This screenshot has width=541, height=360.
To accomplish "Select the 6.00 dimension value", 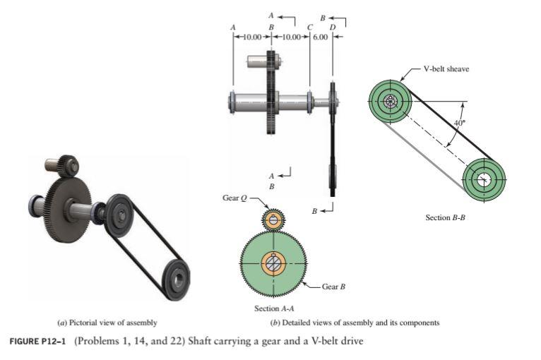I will point(321,36).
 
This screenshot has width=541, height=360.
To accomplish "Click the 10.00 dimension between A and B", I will point(252,36).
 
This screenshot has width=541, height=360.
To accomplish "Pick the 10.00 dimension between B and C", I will point(291,36).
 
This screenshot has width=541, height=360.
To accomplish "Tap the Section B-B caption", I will point(445,217).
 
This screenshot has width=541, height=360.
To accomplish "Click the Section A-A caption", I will point(273,308).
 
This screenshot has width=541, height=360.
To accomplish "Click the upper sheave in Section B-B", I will point(391,101).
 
